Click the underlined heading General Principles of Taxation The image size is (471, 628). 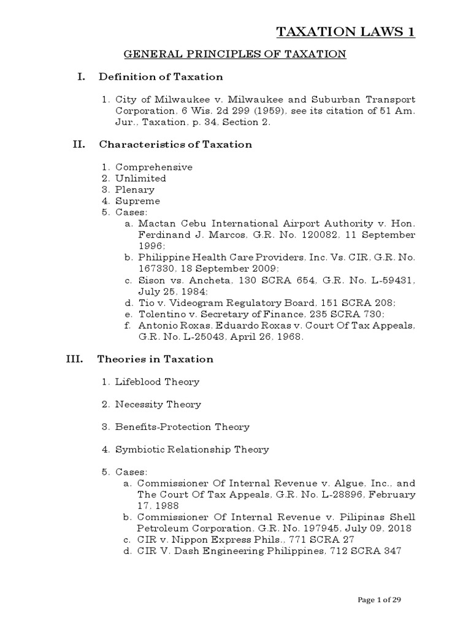point(235,55)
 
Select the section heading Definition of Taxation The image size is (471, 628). point(161,77)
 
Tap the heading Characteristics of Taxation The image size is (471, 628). point(175,145)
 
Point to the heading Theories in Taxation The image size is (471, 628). point(156,359)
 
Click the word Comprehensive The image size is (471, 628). point(154,167)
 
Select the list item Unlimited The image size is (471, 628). point(140,178)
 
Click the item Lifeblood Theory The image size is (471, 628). point(157,382)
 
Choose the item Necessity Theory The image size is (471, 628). point(158,405)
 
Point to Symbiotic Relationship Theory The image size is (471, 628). point(192,450)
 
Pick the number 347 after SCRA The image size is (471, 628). point(391,551)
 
